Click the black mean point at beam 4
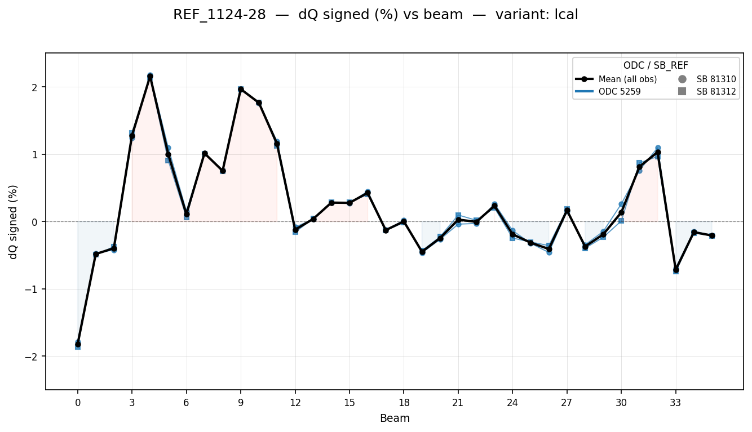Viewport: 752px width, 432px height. coord(150,77)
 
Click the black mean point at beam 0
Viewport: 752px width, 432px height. coord(78,344)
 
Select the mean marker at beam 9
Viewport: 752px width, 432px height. coord(241,90)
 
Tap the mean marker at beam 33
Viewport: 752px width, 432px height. coord(676,270)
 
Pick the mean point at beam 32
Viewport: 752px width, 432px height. coord(658,152)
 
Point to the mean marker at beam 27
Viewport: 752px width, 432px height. coord(567,211)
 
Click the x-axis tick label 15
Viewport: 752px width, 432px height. coord(350,403)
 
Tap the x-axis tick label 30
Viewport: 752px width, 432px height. coord(621,403)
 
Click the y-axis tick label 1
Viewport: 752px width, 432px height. coord(36,154)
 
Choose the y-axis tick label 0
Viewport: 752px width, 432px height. coord(36,222)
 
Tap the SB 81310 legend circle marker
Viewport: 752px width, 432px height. coord(682,79)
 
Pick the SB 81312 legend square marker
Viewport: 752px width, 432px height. coord(682,91)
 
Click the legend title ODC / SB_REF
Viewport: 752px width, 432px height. coord(656,65)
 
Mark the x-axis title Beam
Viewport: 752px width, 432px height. coord(395,418)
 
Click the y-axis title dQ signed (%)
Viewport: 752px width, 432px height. coord(14,222)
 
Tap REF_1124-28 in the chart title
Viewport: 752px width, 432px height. coord(219,15)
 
